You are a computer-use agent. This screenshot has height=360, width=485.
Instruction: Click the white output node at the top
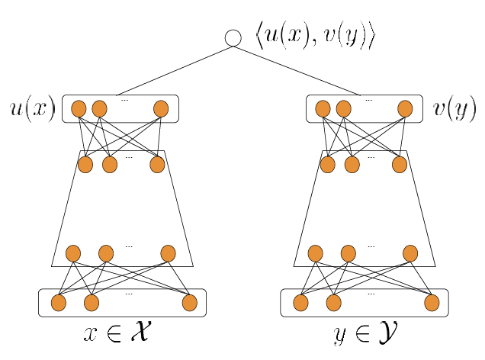(233, 37)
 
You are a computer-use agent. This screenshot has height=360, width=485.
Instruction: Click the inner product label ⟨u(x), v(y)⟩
(316, 37)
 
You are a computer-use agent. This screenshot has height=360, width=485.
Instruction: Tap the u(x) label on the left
(31, 109)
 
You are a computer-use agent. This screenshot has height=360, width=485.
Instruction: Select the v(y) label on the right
(454, 109)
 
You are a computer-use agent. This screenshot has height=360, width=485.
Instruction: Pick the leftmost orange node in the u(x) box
(79, 109)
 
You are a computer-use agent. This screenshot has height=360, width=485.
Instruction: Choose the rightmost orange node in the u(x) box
(161, 109)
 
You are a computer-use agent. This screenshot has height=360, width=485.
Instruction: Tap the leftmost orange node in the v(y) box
(323, 109)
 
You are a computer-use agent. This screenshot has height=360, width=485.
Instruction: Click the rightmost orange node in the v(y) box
(405, 109)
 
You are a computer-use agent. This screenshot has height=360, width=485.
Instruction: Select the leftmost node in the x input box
(59, 303)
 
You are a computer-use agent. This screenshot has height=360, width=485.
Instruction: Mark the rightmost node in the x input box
(190, 303)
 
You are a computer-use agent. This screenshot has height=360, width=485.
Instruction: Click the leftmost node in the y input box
(300, 303)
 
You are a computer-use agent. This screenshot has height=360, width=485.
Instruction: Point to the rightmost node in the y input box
(432, 303)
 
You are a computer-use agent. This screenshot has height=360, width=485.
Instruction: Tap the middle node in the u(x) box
(99, 109)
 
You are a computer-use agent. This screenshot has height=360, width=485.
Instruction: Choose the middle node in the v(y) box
(343, 109)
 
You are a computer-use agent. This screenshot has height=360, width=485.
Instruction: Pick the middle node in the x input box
(92, 303)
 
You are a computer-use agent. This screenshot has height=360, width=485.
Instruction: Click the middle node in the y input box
(333, 303)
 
